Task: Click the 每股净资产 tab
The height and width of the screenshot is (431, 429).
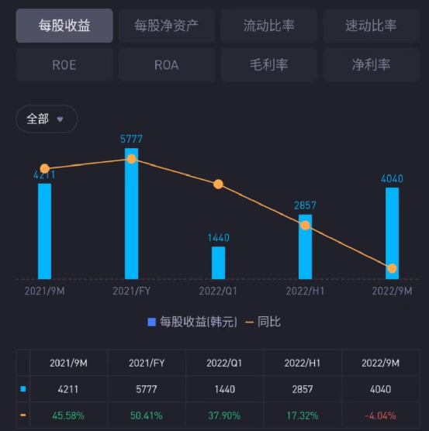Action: [x=166, y=26]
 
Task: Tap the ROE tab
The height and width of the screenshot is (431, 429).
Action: [x=64, y=65]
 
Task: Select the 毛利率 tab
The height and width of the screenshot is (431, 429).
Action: [x=268, y=65]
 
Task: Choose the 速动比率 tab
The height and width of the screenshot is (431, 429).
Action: [x=371, y=26]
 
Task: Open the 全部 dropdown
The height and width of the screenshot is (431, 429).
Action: [x=47, y=119]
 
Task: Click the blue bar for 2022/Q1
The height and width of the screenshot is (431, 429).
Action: [x=218, y=263]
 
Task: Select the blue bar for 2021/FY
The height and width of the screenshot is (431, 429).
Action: [x=131, y=214]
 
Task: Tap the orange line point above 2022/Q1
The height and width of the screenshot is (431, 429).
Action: [x=218, y=184]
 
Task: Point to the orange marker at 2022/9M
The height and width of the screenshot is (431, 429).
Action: [x=392, y=268]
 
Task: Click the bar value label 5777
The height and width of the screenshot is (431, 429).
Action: [x=131, y=139]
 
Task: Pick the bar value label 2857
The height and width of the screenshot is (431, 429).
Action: [x=305, y=205]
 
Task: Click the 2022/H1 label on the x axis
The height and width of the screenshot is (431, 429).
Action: [x=305, y=291]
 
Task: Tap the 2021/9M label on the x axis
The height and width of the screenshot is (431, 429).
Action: [x=44, y=291]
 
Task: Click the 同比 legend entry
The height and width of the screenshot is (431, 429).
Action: [x=263, y=322]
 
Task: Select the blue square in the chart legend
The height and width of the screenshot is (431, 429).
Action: [x=152, y=322]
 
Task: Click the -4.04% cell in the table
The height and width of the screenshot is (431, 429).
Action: [x=381, y=415]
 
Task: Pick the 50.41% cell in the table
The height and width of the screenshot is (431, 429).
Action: [x=147, y=415]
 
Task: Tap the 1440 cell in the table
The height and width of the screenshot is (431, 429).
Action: [x=225, y=389]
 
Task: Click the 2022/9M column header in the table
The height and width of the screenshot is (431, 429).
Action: [x=381, y=363]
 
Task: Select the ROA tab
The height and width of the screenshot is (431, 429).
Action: [x=166, y=65]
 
